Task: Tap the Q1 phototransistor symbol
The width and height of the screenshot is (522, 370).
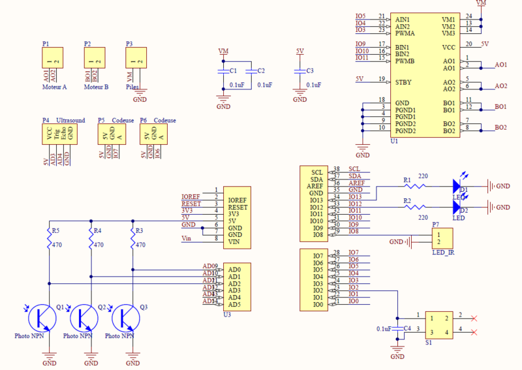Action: (x=41, y=318)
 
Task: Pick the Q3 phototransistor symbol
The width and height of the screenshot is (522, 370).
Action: (x=125, y=318)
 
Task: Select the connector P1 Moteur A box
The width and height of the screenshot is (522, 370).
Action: (x=53, y=59)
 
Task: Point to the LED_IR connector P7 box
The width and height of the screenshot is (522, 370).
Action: (x=442, y=238)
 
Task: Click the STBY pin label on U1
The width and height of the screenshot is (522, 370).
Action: (x=403, y=82)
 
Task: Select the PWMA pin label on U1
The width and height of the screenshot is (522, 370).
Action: (x=405, y=33)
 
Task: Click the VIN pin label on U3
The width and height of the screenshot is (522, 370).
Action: (x=234, y=241)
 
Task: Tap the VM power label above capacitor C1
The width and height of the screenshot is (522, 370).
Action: (x=223, y=51)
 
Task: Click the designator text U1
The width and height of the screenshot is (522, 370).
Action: (x=394, y=141)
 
